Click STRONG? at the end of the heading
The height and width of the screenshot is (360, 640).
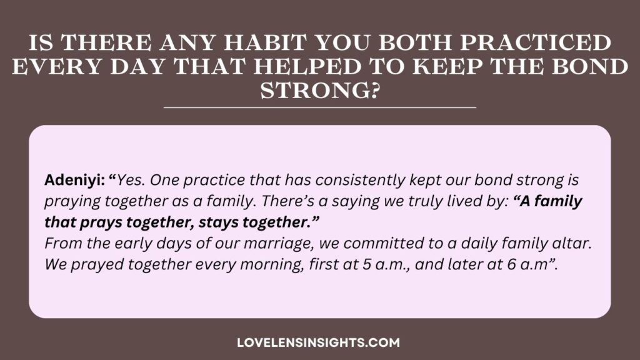coord(320,90)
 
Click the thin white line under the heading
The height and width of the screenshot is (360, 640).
coord(320,107)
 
